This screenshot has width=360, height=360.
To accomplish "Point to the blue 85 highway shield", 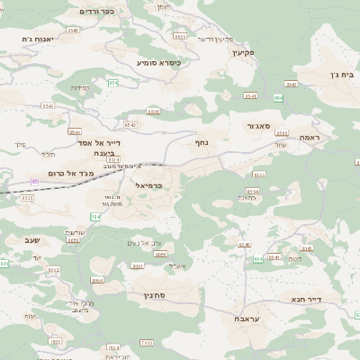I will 35,182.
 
